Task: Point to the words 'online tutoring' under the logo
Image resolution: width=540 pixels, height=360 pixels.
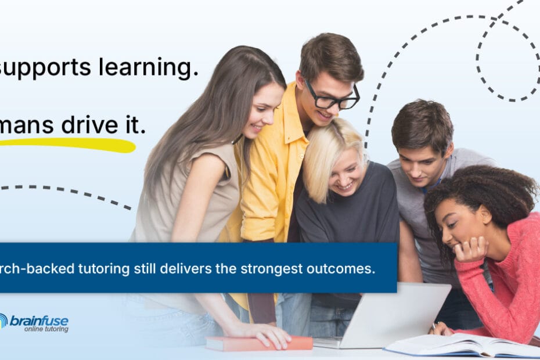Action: tap(46, 329)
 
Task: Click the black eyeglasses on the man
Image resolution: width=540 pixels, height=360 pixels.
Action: tap(332, 99)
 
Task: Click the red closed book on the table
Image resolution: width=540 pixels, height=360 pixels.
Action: tap(258, 343)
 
